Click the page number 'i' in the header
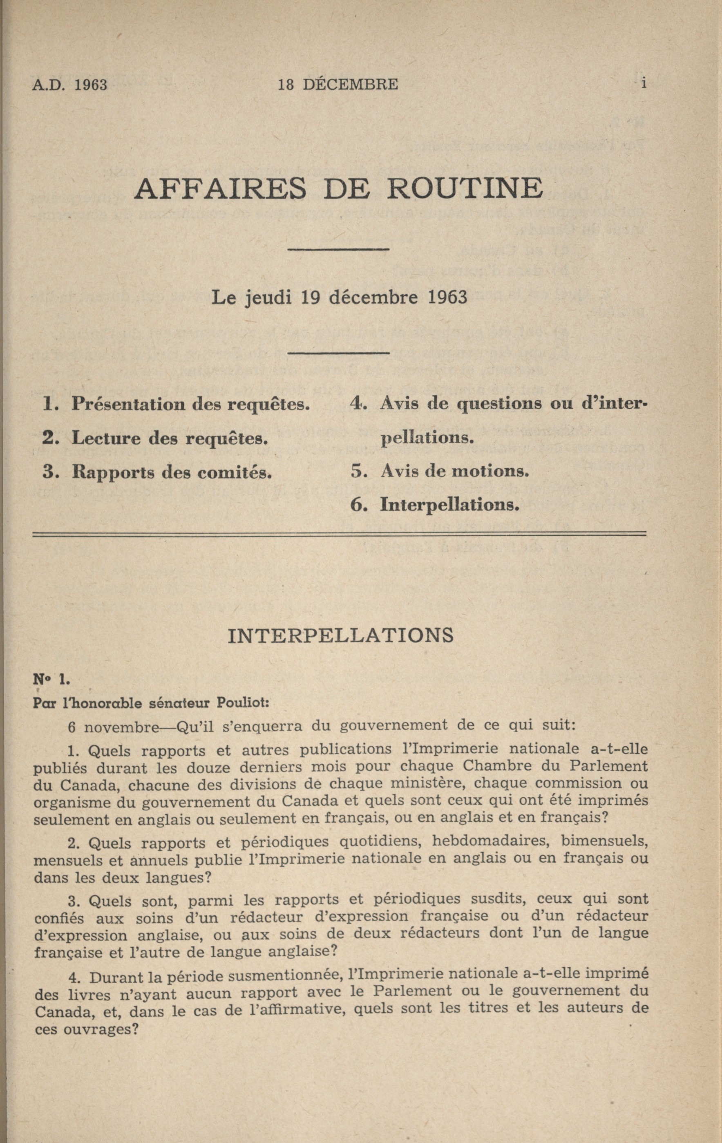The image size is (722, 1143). [643, 83]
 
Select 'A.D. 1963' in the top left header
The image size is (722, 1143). [70, 85]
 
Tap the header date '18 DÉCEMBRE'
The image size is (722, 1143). [338, 85]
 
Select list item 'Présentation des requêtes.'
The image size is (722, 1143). [190, 403]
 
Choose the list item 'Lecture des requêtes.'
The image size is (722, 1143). [170, 438]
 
